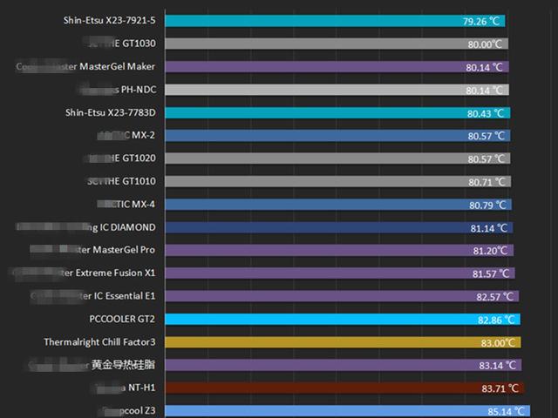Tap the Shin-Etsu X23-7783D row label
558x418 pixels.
[x=110, y=112]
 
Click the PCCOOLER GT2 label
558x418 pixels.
[x=122, y=319]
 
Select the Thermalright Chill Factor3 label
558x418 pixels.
[x=99, y=342]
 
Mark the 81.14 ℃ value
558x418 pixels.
[x=490, y=228]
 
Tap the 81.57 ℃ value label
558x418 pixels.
[x=492, y=273]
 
